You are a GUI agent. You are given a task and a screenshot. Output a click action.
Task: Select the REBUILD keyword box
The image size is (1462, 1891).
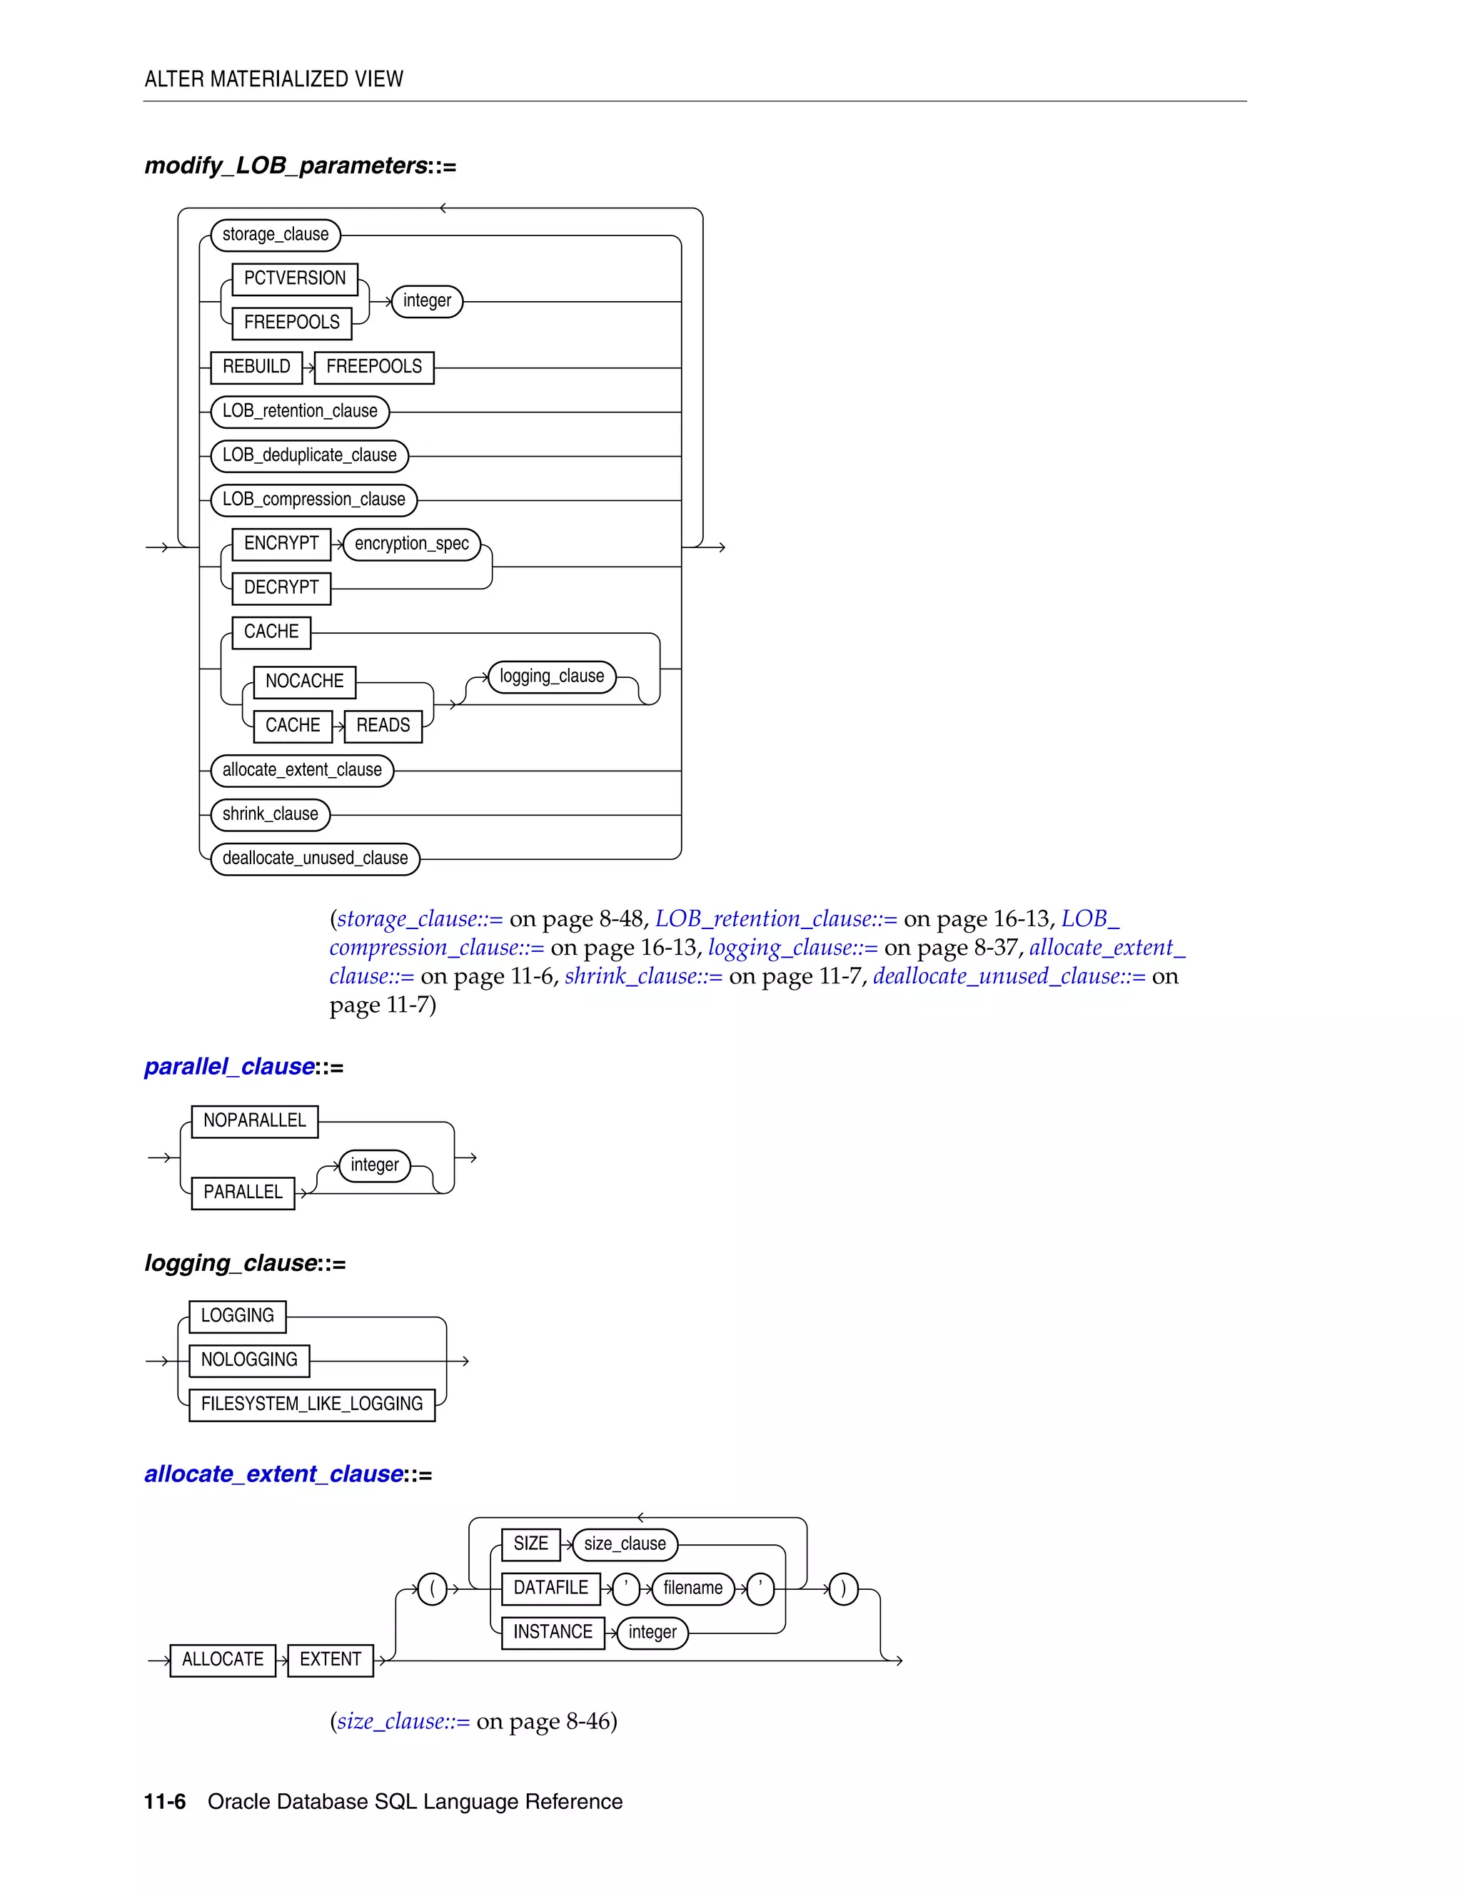pyautogui.click(x=256, y=367)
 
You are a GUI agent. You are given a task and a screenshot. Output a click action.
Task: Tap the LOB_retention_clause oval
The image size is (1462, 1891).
pyautogui.click(x=300, y=411)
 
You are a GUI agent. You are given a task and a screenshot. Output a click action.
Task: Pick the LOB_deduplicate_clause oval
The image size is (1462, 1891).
pyautogui.click(x=309, y=455)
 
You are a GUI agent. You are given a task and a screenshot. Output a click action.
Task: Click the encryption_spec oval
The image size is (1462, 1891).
pyautogui.click(x=411, y=544)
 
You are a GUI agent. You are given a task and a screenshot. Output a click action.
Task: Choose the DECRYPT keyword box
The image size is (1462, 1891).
pyautogui.click(x=281, y=588)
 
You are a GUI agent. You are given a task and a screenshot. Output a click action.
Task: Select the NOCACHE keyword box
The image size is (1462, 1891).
pyautogui.click(x=304, y=681)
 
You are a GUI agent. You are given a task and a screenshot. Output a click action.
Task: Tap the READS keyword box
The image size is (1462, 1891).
pyautogui.click(x=383, y=726)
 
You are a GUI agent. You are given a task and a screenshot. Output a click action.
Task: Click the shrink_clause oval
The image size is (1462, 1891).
pyautogui.click(x=271, y=815)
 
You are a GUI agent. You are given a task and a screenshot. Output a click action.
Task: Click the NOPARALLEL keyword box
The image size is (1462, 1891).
pyautogui.click(x=255, y=1121)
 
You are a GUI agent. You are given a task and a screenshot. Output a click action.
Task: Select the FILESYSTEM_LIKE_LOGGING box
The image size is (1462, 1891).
pyautogui.click(x=312, y=1404)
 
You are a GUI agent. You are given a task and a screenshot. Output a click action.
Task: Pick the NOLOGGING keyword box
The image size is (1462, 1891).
pyautogui.click(x=249, y=1360)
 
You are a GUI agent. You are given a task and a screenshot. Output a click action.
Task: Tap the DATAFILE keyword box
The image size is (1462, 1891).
pyautogui.click(x=551, y=1588)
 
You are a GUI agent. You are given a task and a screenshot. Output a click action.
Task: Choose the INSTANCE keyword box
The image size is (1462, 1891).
pyautogui.click(x=553, y=1632)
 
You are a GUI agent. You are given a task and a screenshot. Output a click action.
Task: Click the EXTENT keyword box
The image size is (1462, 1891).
pyautogui.click(x=330, y=1660)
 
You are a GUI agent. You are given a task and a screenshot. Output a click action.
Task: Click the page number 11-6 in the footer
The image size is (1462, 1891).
pyautogui.click(x=165, y=1802)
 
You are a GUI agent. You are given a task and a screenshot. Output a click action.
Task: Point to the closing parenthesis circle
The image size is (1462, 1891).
pyautogui.click(x=844, y=1589)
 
